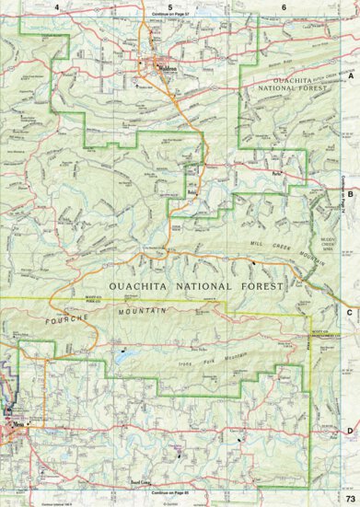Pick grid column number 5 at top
[170, 6]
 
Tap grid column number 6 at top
[284, 6]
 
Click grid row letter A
[350, 79]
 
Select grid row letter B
[350, 195]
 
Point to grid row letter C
[350, 312]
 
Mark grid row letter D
[350, 429]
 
